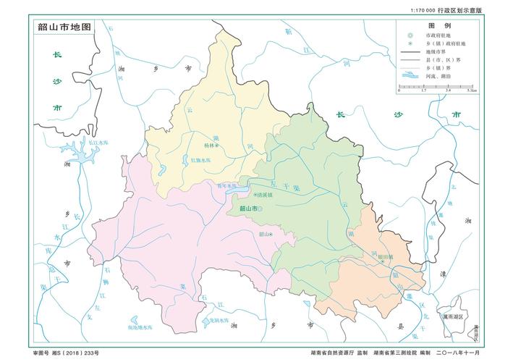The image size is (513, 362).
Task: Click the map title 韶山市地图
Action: [x=64, y=27]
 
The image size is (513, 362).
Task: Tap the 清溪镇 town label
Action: [x=263, y=195]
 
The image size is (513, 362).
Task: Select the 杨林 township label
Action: [x=209, y=146]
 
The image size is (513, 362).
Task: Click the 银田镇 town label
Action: [x=386, y=256]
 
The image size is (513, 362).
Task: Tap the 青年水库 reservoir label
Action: [x=226, y=186]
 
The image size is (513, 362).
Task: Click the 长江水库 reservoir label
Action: [x=98, y=143]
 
